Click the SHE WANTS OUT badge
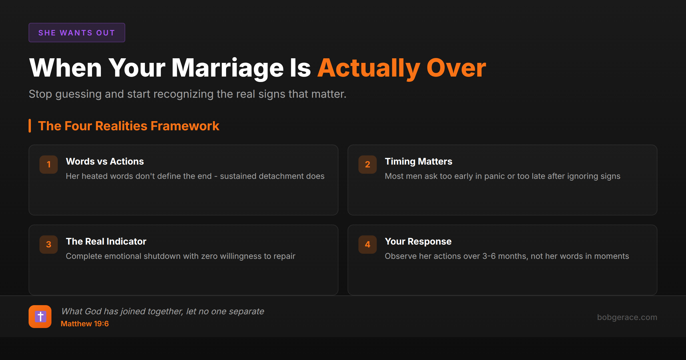(77, 33)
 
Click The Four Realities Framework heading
(129, 126)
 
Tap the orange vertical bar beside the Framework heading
(30, 126)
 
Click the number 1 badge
(49, 164)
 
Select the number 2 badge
(368, 164)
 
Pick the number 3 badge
(49, 244)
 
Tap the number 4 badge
(368, 244)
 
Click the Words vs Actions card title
(105, 161)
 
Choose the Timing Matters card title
(418, 161)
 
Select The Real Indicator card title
(106, 241)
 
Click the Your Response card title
(418, 241)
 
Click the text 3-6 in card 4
(489, 256)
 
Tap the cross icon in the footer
(40, 317)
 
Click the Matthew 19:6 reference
(85, 324)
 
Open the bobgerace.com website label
(627, 317)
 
